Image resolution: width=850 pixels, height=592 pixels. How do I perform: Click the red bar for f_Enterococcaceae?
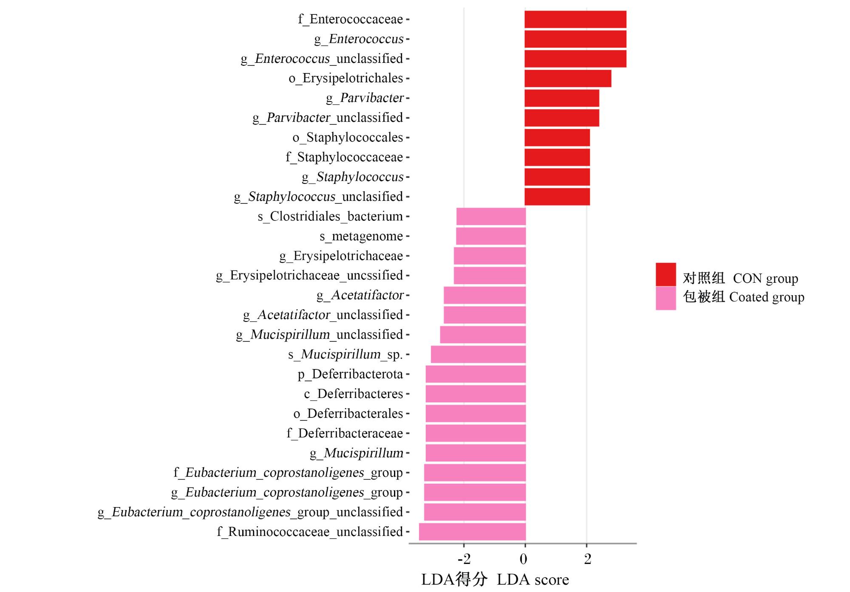pyautogui.click(x=575, y=20)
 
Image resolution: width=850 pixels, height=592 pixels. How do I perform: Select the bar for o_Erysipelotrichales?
pyautogui.click(x=568, y=79)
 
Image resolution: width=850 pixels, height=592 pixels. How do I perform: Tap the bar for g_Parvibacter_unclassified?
pyautogui.click(x=562, y=118)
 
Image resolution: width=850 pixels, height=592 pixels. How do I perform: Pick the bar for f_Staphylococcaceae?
pyautogui.click(x=557, y=158)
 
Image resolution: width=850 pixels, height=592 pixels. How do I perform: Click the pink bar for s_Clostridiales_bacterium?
pyautogui.click(x=491, y=217)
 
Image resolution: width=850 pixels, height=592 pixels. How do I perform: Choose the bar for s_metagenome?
pyautogui.click(x=491, y=236)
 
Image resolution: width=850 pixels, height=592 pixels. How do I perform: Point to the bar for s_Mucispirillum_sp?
pyautogui.click(x=479, y=355)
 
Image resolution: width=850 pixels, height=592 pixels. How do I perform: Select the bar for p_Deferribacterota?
pyautogui.click(x=476, y=374)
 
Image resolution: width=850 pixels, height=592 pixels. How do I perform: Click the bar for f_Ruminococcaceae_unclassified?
pyautogui.click(x=473, y=532)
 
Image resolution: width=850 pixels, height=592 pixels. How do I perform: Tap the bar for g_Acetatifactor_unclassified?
pyautogui.click(x=485, y=315)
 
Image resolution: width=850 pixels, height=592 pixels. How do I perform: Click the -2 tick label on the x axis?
pyautogui.click(x=464, y=559)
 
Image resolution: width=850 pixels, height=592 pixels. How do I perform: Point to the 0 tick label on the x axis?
pyautogui.click(x=524, y=559)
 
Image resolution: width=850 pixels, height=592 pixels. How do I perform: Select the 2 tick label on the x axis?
pyautogui.click(x=588, y=559)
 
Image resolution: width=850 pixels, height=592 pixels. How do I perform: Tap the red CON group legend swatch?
pyautogui.click(x=666, y=274)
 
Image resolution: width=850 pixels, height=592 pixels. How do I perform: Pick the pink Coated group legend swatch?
pyautogui.click(x=666, y=298)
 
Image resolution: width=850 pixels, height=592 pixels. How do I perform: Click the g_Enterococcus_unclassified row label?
pyautogui.click(x=322, y=59)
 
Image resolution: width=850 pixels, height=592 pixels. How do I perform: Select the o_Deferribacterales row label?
pyautogui.click(x=348, y=414)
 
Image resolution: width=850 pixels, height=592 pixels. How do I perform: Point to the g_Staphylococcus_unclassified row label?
pyautogui.click(x=318, y=197)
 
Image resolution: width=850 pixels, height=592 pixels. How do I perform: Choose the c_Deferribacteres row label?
pyautogui.click(x=354, y=394)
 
